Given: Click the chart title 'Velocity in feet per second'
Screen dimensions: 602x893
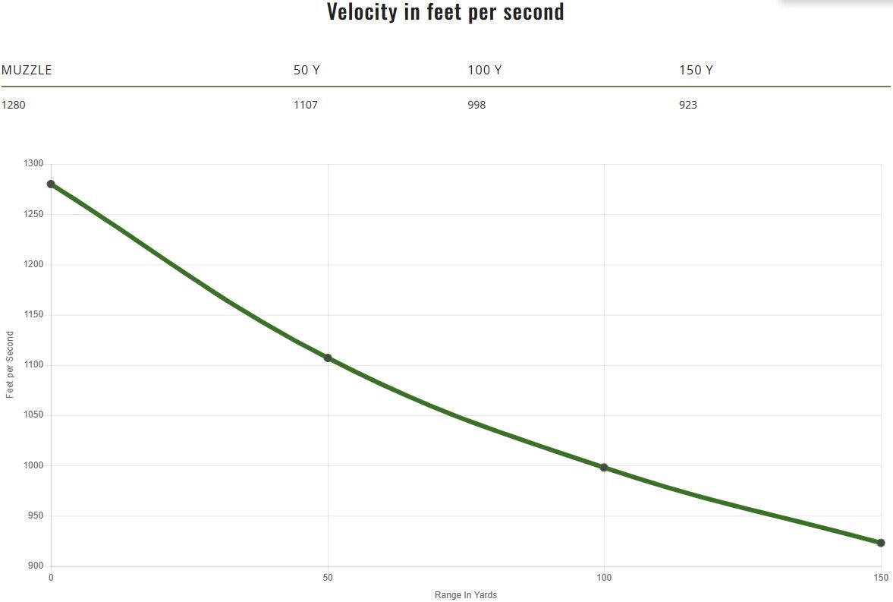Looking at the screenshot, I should pyautogui.click(x=445, y=12).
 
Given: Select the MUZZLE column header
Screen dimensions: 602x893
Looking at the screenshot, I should pyautogui.click(x=27, y=70).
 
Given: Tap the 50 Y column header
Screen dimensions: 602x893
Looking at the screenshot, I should pyautogui.click(x=307, y=70).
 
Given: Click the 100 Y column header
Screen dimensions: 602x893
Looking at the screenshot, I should pyautogui.click(x=484, y=70).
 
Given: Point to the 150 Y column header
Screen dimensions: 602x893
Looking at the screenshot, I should pyautogui.click(x=696, y=70).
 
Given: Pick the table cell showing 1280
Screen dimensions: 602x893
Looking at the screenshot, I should pyautogui.click(x=14, y=105).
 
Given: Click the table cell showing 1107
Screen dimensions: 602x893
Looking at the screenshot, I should pyautogui.click(x=306, y=105).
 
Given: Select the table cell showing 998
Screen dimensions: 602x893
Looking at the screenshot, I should pyautogui.click(x=476, y=105).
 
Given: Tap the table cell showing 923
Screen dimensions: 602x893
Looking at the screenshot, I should pyautogui.click(x=688, y=105).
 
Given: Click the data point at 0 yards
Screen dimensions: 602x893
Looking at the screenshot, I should pyautogui.click(x=51, y=184).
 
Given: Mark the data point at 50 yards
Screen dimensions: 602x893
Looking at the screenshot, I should pyautogui.click(x=328, y=358).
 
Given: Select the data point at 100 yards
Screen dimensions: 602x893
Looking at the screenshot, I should pyautogui.click(x=604, y=468).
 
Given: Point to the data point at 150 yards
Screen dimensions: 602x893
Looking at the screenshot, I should pyautogui.click(x=881, y=543).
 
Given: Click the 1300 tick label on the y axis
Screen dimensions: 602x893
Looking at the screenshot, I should pyautogui.click(x=34, y=164).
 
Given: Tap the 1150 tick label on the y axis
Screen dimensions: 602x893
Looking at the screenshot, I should pyautogui.click(x=34, y=315).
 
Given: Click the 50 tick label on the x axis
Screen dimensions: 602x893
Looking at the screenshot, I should pyautogui.click(x=328, y=578).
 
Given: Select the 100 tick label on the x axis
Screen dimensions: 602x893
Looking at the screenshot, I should pyautogui.click(x=604, y=578).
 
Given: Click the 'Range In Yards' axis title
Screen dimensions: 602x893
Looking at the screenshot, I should pyautogui.click(x=466, y=595).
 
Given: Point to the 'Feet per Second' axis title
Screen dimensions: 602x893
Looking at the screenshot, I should pyautogui.click(x=10, y=365).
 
